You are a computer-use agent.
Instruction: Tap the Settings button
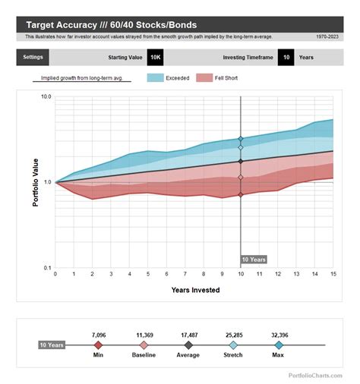33,57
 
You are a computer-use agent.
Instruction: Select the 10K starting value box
155,57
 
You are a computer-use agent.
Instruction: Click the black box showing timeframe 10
286,57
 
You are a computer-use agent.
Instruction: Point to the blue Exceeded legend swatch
155,77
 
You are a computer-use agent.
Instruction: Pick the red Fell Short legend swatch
204,77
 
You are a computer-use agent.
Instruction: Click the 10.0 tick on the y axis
46,96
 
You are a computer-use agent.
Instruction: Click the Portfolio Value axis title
35,182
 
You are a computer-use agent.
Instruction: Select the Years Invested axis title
194,290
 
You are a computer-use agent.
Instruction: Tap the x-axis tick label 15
333,274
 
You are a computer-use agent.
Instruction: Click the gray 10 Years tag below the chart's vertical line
254,260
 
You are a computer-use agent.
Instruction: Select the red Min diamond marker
98,345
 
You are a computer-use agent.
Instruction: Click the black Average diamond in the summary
188,345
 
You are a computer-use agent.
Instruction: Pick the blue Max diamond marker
279,345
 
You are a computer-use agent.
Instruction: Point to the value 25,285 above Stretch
234,334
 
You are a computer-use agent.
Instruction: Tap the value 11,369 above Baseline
144,334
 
